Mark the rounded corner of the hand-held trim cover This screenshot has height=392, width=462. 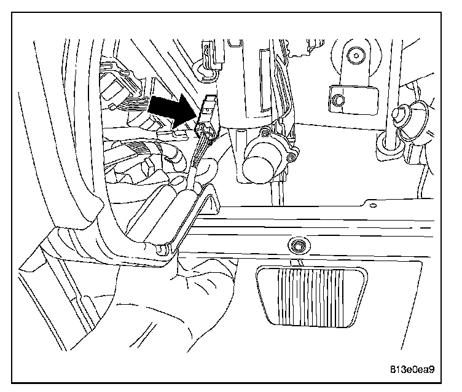161,249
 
